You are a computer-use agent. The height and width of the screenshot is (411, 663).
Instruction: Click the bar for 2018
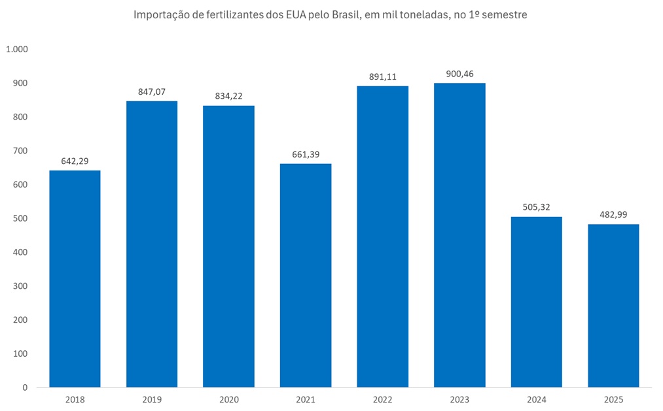coord(75,279)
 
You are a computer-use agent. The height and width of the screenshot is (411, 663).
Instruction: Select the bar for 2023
coord(459,235)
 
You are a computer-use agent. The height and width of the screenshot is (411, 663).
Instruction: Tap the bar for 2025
coord(613,305)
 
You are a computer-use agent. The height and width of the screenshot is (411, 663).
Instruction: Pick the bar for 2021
coord(306,275)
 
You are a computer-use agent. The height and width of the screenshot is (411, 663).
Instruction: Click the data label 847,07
coord(152,91)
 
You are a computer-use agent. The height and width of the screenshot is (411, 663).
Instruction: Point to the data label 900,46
coord(459,74)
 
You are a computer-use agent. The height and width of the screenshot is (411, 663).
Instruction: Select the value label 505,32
coord(536,207)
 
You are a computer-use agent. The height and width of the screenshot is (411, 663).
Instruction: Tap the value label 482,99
coord(613,215)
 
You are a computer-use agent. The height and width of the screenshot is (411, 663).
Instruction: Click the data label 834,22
coord(228,96)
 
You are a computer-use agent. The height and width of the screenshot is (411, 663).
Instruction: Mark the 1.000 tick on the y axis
coord(18,50)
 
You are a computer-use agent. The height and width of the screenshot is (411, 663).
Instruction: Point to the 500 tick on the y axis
coord(21,219)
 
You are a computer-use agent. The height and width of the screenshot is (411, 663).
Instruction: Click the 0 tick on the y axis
coord(25,387)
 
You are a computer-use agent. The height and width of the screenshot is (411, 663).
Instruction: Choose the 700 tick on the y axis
coord(21,151)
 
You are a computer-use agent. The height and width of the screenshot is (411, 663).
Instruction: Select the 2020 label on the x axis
coord(228,399)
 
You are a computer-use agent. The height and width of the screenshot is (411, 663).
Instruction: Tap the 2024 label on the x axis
coord(536,399)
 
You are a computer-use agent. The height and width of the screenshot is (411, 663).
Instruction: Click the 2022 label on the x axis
coord(382,399)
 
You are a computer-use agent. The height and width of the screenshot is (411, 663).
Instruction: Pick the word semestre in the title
coord(505,15)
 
